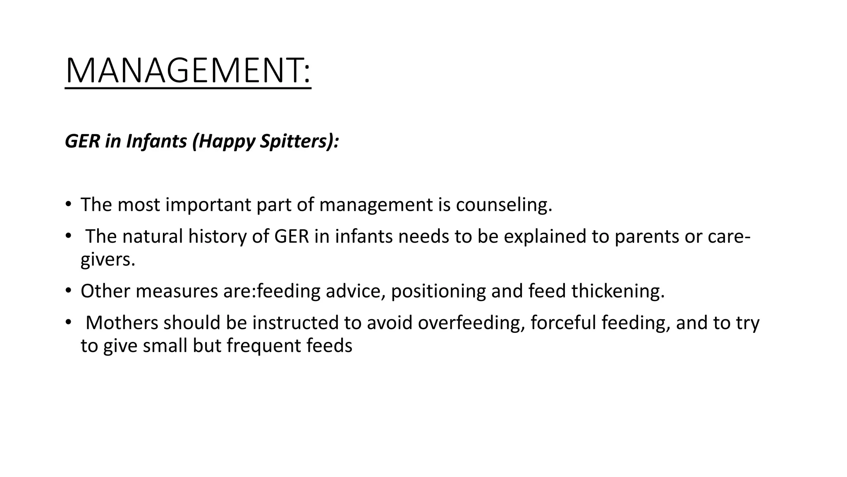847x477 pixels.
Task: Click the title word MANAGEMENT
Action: click(x=187, y=71)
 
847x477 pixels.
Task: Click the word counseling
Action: click(x=504, y=205)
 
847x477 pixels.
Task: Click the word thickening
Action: click(x=618, y=291)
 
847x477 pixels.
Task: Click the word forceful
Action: click(x=563, y=323)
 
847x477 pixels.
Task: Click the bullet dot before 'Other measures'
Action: click(x=68, y=291)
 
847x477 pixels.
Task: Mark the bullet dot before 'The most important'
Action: click(x=68, y=204)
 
